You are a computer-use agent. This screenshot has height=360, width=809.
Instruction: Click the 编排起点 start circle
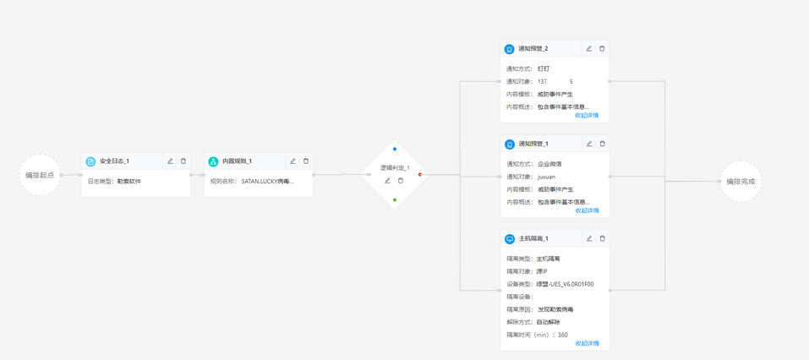point(40,175)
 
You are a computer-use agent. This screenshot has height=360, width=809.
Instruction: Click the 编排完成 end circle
point(741,181)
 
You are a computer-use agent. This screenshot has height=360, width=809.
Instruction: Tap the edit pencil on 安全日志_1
point(170,161)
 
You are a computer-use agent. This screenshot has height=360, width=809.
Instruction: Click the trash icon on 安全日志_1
point(183,161)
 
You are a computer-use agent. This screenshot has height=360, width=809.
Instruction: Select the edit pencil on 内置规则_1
point(293,161)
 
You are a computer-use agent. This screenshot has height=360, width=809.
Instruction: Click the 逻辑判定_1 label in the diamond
point(394,168)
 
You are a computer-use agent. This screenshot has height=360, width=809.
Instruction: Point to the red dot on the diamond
point(420,175)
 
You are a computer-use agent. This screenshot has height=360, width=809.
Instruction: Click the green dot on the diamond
point(395,200)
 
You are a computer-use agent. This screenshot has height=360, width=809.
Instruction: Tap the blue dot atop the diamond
point(395,150)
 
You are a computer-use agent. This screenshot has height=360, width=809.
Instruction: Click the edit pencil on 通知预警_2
point(589,49)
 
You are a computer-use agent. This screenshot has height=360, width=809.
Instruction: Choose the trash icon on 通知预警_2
point(602,49)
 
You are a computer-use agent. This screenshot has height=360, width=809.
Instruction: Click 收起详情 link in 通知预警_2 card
point(587,116)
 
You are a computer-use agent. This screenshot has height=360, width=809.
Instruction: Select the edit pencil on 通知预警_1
point(589,145)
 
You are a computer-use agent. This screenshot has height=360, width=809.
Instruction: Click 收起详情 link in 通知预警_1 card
point(587,210)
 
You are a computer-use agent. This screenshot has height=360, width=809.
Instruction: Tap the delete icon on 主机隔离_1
point(602,239)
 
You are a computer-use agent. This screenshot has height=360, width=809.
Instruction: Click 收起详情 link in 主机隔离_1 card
point(587,344)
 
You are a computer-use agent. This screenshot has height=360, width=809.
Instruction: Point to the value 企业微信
point(549,164)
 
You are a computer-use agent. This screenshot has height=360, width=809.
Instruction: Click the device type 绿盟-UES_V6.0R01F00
point(566,284)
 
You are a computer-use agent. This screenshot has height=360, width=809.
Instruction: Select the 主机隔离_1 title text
point(533,239)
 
